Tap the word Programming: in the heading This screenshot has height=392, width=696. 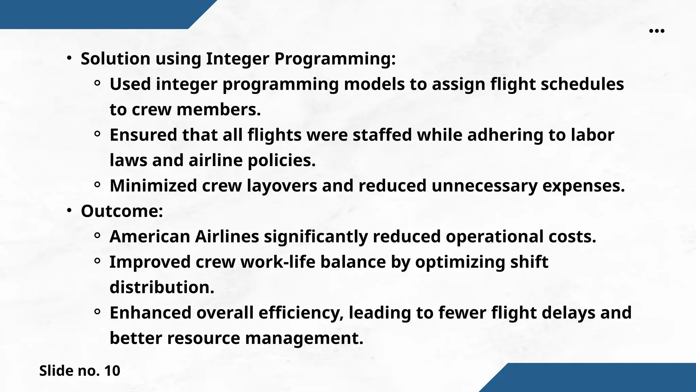tap(335, 59)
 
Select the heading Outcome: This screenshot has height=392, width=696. tap(122, 211)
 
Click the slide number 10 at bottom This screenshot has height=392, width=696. tap(112, 371)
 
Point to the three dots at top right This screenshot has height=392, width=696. tap(657, 31)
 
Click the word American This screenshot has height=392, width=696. tap(150, 236)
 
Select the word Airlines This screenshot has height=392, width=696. tap(227, 236)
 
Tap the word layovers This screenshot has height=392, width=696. tap(282, 186)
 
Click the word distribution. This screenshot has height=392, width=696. tap(162, 288)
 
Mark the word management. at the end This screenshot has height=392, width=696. tap(304, 338)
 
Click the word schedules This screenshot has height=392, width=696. tap(582, 84)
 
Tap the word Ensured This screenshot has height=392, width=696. tap(143, 135)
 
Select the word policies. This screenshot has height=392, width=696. tap(281, 160)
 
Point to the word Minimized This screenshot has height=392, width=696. tap(153, 186)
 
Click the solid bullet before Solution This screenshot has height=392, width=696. tap(69, 59)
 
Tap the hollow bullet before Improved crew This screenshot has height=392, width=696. tap(97, 261)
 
